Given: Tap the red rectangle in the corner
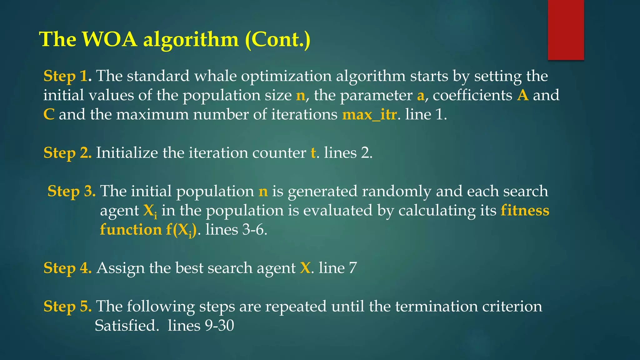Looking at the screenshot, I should coord(566,30).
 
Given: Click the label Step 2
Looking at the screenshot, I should coord(67,153).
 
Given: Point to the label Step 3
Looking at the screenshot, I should coord(72,191).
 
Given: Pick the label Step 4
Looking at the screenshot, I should coord(67,268).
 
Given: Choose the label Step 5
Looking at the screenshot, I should coord(67,306).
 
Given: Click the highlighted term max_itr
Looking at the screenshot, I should coord(369,115).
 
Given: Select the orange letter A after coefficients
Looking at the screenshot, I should coord(523,95).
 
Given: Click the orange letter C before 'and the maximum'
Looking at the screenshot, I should coord(49,115).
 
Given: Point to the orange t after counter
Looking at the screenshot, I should coord(313,153).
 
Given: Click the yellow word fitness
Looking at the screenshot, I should coord(525,210).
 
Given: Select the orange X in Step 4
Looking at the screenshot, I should coord(305,268).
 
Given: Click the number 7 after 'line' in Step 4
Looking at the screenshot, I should coord(353,268).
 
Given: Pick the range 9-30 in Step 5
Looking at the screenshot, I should coord(219,326).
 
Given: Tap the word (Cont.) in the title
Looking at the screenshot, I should coord(277,39).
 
